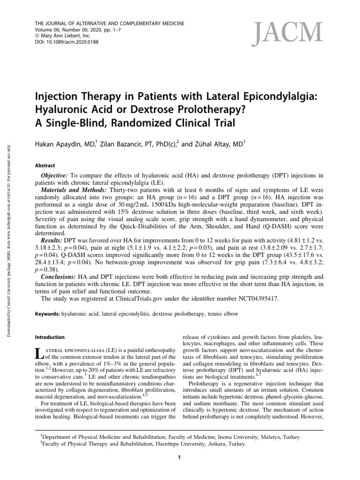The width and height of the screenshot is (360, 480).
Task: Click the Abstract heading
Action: (x=45, y=165)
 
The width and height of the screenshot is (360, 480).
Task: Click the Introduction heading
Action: (x=52, y=337)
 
